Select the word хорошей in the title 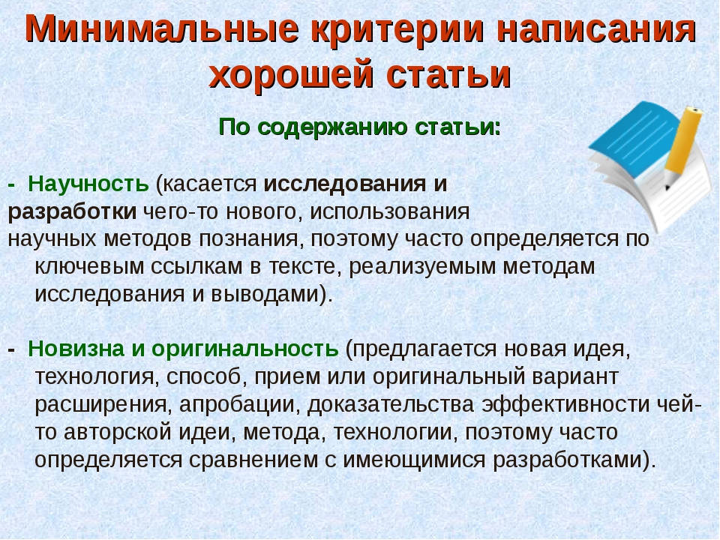click(292, 74)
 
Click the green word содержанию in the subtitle click(333, 127)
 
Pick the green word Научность click(88, 184)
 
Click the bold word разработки click(72, 212)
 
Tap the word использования click(390, 211)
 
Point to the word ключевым click(89, 267)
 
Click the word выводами click(265, 294)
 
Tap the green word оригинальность click(245, 349)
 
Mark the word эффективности click(565, 404)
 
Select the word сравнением click(253, 460)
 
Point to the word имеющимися click(414, 460)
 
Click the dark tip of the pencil click(667, 187)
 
